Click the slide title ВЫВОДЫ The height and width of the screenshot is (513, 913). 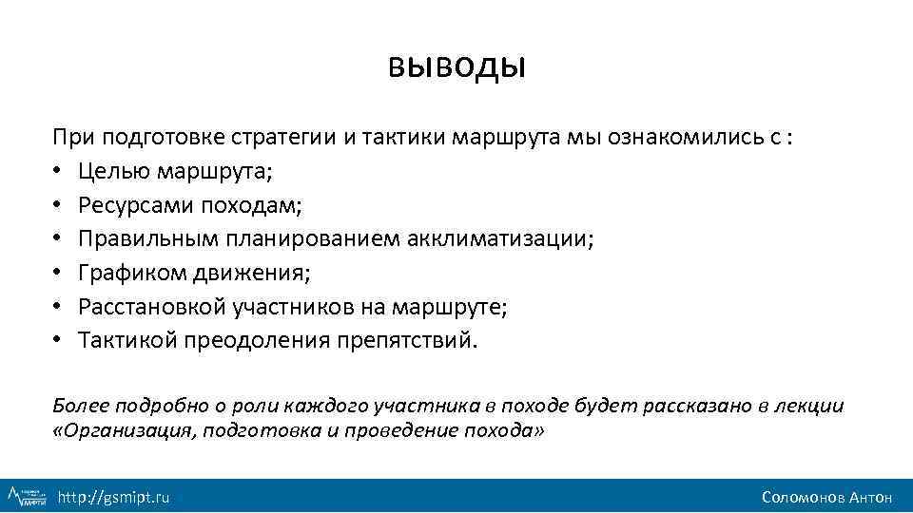point(456,68)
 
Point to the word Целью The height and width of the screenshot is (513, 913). point(107,173)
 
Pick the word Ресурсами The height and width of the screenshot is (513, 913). point(122,206)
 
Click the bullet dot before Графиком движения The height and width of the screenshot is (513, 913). point(58,274)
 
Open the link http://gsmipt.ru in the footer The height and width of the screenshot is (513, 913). point(113,497)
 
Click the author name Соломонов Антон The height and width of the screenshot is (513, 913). point(826,497)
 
